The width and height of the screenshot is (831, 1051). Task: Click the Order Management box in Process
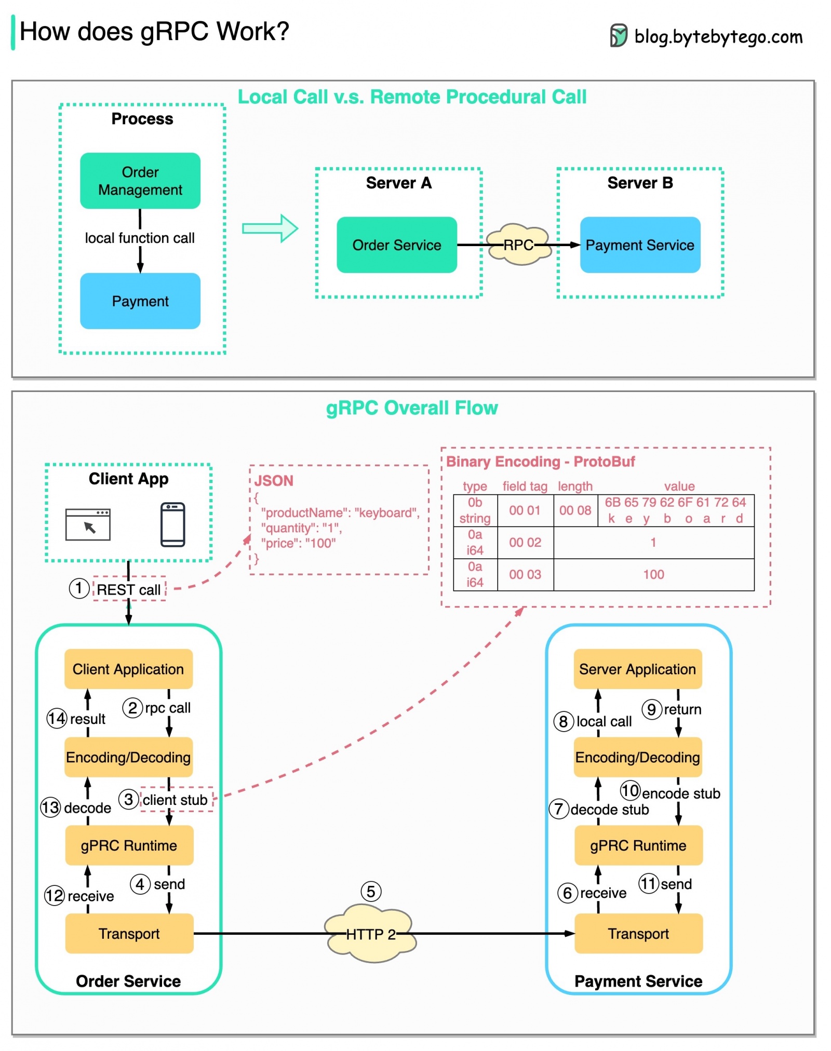140,181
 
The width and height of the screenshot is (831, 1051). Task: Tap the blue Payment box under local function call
140,301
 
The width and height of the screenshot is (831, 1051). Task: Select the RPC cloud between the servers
518,245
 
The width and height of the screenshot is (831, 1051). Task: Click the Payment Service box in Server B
639,245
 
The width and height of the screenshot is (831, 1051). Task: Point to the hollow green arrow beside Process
270,228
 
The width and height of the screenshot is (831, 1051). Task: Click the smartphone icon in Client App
172,524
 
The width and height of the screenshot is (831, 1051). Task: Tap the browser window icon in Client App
88,524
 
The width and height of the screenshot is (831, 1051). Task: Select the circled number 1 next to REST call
79,588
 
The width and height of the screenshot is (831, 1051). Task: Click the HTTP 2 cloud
370,933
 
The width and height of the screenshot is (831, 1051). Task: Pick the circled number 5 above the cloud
370,891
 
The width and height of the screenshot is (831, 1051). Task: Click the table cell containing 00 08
574,510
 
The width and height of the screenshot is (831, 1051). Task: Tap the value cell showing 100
653,574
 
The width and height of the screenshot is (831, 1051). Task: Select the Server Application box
637,668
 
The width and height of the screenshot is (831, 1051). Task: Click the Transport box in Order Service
129,933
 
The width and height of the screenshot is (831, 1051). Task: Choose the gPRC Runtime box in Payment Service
638,845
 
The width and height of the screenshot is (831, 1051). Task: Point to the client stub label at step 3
175,799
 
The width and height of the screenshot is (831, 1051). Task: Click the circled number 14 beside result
57,718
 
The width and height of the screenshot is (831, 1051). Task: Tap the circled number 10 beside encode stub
629,790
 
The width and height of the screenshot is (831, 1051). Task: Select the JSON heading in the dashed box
274,480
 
